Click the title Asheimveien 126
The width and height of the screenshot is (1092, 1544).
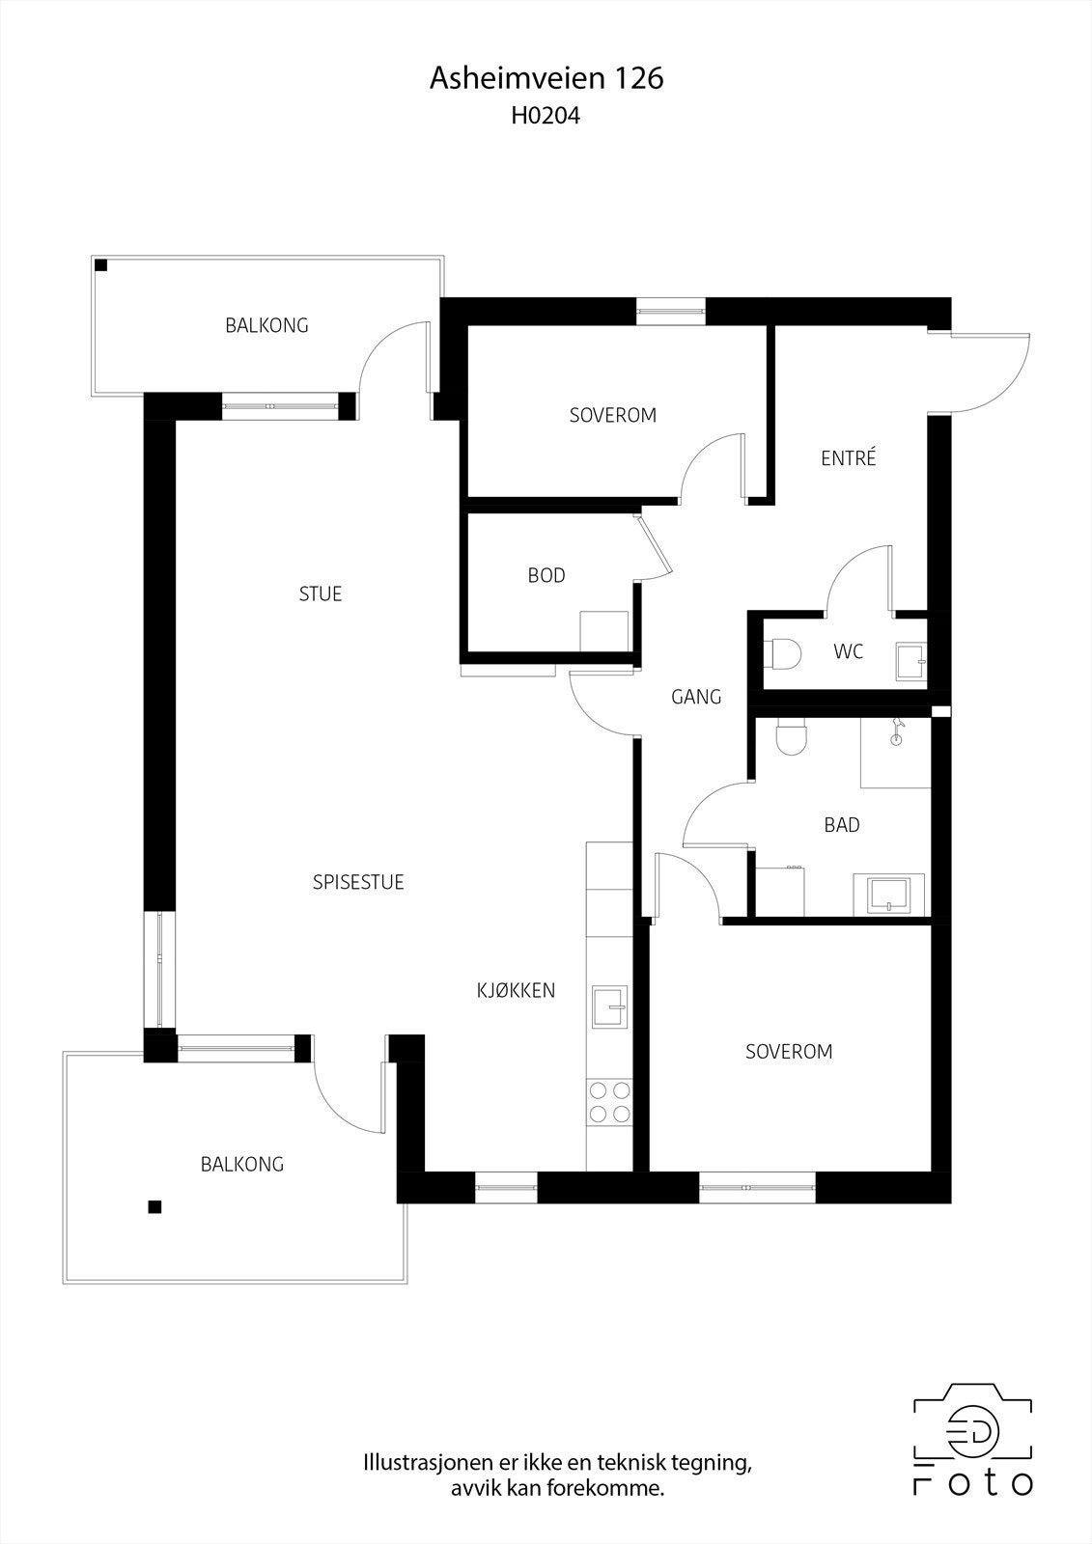pyautogui.click(x=546, y=78)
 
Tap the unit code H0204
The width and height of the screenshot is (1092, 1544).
pyautogui.click(x=546, y=117)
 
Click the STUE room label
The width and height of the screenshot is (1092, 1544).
pyautogui.click(x=320, y=593)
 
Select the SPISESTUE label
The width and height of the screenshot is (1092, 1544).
pyautogui.click(x=358, y=882)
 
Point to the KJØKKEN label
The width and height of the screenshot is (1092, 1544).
pyautogui.click(x=516, y=990)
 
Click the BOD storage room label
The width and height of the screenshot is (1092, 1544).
pyautogui.click(x=546, y=575)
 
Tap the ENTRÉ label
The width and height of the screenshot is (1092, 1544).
pyautogui.click(x=848, y=458)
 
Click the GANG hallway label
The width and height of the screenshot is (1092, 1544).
pyautogui.click(x=695, y=696)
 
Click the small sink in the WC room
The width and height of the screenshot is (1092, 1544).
pyautogui.click(x=909, y=662)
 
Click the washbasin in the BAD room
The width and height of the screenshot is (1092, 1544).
pyautogui.click(x=888, y=894)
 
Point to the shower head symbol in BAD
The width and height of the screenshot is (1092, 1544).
pyautogui.click(x=898, y=731)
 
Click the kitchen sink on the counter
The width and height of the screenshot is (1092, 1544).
pyautogui.click(x=610, y=1007)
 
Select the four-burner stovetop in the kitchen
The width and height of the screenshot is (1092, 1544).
pyautogui.click(x=609, y=1102)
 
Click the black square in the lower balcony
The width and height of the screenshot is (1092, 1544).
pyautogui.click(x=154, y=1206)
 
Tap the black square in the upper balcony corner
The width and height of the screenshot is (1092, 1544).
pyautogui.click(x=101, y=266)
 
